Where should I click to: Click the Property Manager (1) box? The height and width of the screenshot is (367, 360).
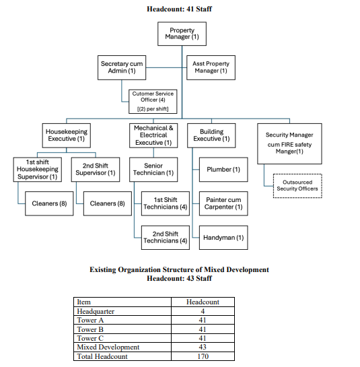click(182, 34)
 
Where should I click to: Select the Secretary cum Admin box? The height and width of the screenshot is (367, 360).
click(122, 67)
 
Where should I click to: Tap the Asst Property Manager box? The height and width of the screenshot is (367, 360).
click(211, 67)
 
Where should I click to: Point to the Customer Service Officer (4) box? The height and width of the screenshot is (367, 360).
click(153, 102)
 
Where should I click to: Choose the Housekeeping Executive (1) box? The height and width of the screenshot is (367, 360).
click(67, 135)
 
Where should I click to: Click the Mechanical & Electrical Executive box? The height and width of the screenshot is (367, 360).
click(153, 135)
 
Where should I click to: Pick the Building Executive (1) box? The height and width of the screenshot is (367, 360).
click(211, 135)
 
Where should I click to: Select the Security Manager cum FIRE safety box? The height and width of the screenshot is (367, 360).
click(289, 143)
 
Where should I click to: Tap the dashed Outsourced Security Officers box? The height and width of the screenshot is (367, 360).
click(297, 186)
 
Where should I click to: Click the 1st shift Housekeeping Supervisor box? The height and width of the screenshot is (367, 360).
click(38, 170)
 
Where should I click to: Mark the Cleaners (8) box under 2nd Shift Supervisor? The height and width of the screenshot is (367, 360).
click(108, 203)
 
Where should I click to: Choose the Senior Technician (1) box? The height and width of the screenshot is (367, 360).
click(153, 170)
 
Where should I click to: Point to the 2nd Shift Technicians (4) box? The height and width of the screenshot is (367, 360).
click(166, 238)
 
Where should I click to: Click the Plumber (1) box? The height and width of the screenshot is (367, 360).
click(223, 170)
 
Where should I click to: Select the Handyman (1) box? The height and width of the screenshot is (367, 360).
click(223, 238)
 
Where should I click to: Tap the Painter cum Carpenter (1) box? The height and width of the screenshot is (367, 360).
click(223, 203)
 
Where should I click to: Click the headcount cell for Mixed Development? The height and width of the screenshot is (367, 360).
click(203, 347)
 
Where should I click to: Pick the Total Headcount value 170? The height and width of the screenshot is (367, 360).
click(203, 356)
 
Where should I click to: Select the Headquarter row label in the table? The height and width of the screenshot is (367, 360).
click(96, 311)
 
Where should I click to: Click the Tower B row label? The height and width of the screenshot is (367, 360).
click(90, 329)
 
